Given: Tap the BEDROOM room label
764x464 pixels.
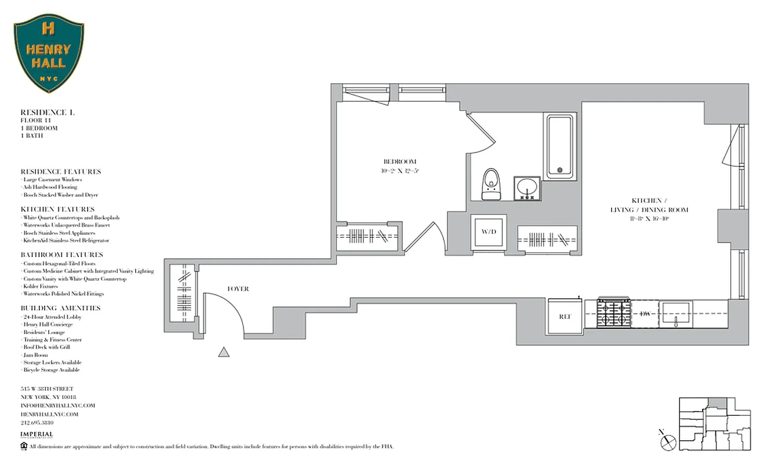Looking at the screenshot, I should pos(399,161).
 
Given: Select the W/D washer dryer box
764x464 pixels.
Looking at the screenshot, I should pos(489,232).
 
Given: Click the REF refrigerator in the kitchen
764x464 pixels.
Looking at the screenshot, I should pos(566,317).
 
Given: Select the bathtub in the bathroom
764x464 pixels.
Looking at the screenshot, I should pos(559,146).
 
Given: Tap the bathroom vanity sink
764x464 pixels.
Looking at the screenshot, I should pos(527,188).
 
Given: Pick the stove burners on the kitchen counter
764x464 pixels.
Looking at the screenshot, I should pos(614,313).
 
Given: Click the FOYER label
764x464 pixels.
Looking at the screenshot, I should pos(238,289).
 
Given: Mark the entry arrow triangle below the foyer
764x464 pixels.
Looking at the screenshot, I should pos(224,351).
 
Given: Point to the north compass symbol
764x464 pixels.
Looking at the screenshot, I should pos(668,441).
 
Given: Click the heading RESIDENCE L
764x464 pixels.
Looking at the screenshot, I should pos(48,112).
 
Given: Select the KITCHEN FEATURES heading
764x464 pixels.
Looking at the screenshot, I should pos(57,209).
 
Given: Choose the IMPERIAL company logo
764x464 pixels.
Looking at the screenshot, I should pos(37,435).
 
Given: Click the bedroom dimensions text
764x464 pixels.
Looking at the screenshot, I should pos(400,171).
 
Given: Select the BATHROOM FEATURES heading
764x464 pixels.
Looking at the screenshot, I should pos(61,255).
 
